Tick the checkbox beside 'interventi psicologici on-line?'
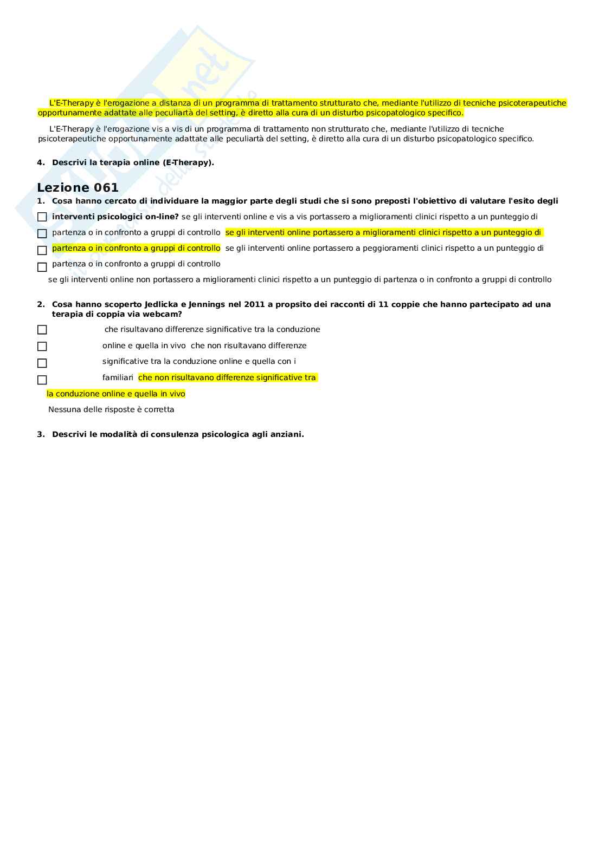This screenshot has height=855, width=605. pyautogui.click(x=42, y=217)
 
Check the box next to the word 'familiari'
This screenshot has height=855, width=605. pyautogui.click(x=42, y=380)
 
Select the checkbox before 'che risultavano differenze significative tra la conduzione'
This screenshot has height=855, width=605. pyautogui.click(x=42, y=330)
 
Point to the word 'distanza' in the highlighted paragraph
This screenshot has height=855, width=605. pyautogui.click(x=177, y=103)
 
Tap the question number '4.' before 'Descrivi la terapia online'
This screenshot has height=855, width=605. pyautogui.click(x=41, y=162)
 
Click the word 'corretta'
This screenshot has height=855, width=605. pyautogui.click(x=159, y=410)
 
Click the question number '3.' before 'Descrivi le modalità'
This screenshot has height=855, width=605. pyautogui.click(x=41, y=434)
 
